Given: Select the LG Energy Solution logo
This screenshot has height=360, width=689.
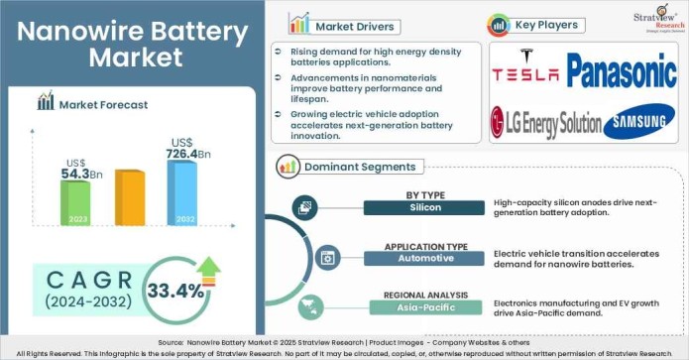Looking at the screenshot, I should tap(546, 124).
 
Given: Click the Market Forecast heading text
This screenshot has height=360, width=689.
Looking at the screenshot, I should tap(103, 103).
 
